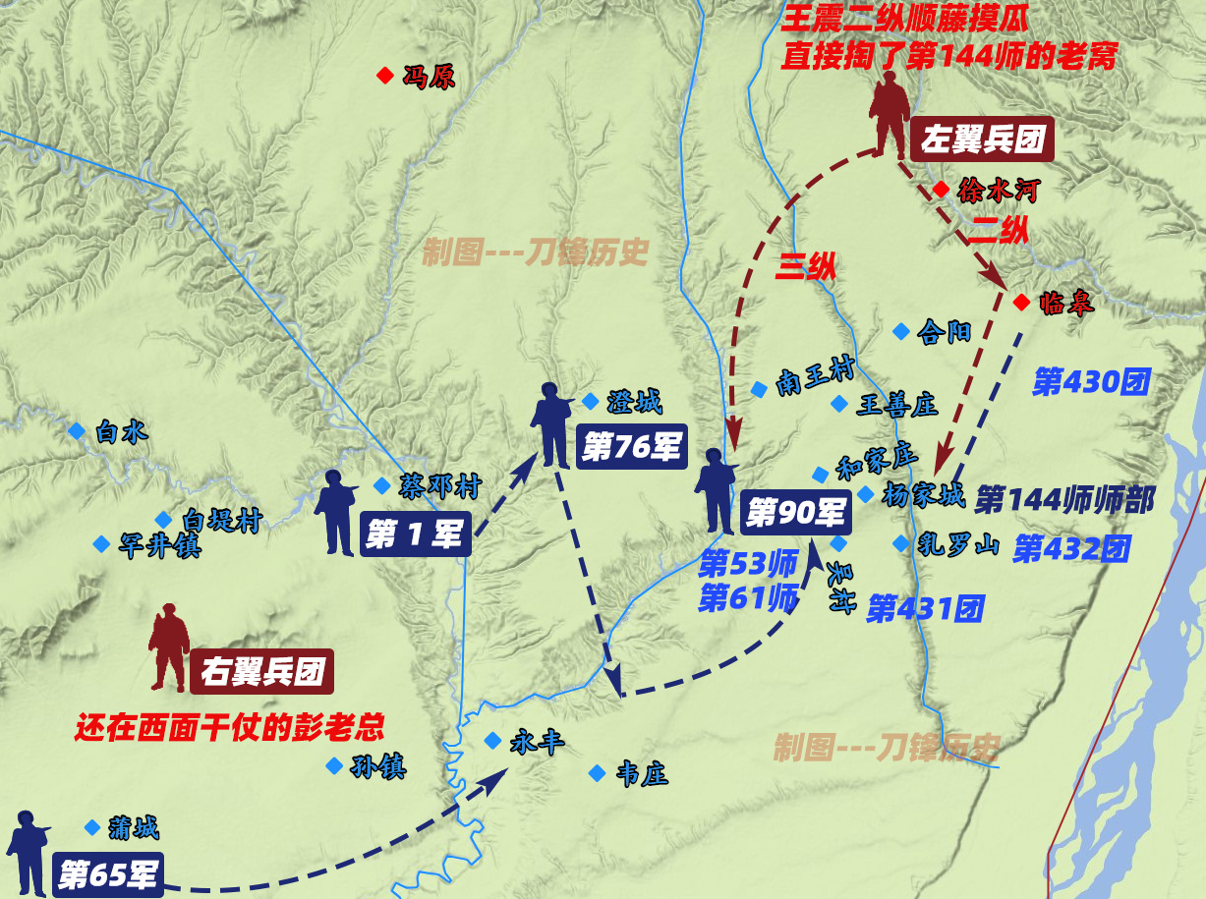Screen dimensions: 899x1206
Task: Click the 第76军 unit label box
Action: coord(631,447)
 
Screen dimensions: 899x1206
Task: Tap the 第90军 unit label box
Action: coord(797,511)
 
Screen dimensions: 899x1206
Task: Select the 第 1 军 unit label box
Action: coord(415,534)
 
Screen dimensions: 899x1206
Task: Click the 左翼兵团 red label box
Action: coord(981,140)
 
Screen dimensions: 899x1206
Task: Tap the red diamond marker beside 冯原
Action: coord(384,76)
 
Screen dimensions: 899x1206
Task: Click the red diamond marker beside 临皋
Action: coord(1021,302)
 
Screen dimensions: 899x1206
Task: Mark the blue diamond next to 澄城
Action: coord(590,401)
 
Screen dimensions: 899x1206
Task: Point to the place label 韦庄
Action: coord(642,774)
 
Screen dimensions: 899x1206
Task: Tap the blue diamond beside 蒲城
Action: coord(92,827)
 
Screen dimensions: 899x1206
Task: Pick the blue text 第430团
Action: coord(1091,382)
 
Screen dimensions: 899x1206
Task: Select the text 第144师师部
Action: coord(1064,499)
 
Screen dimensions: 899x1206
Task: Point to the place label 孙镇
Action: coord(378,766)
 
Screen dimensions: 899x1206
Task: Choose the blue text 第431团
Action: coord(925,608)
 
